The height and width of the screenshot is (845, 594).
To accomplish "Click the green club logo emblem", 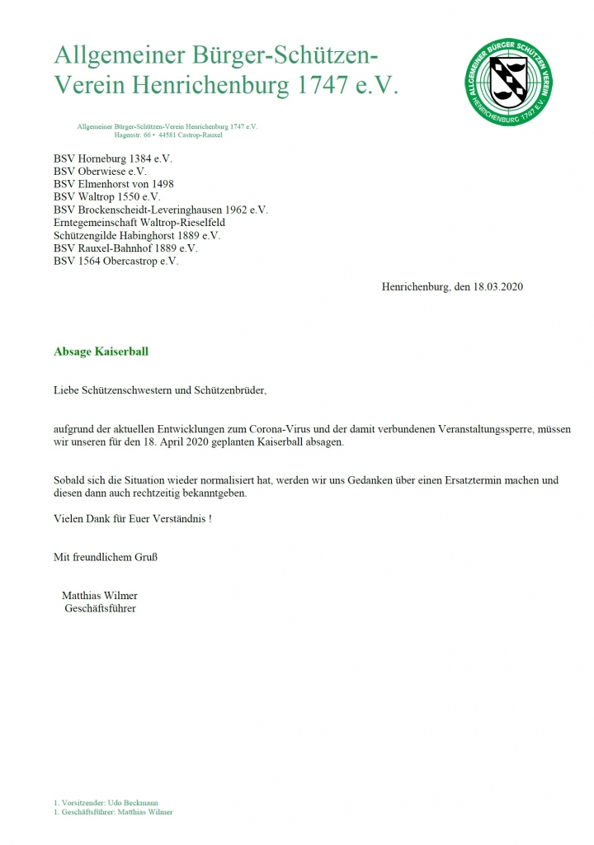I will click(507, 83).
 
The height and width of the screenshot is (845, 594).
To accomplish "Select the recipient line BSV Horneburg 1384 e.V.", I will click(113, 158).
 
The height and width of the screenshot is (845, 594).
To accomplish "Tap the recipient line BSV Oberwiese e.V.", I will click(101, 171).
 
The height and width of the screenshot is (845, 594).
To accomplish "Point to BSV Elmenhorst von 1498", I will click(114, 184).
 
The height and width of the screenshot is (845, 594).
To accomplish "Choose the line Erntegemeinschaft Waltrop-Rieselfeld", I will click(139, 223).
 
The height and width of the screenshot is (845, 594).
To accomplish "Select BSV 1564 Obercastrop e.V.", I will click(116, 261).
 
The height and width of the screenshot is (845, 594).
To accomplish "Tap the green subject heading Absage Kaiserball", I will click(101, 352).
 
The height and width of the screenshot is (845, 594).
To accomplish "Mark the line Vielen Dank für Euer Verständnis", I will click(132, 518).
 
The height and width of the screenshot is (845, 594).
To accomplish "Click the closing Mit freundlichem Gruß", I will click(106, 557).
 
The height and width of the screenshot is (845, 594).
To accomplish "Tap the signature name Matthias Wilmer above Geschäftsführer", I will click(100, 595).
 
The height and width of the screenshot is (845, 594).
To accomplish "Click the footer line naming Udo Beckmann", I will click(105, 802).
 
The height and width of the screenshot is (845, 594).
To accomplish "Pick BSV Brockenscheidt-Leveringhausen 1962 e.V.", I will click(161, 210).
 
